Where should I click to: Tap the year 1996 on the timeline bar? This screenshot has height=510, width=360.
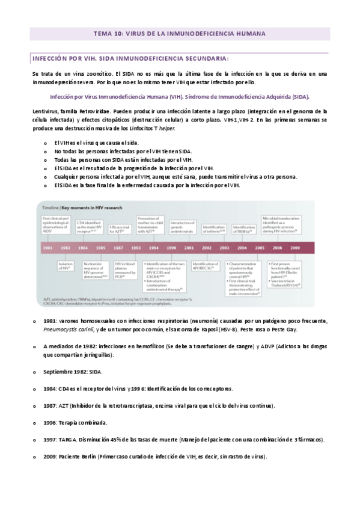pos(172,248)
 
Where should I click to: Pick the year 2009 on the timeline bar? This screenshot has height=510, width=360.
pos(296,248)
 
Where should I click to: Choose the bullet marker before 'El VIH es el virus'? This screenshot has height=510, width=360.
pos(46,143)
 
